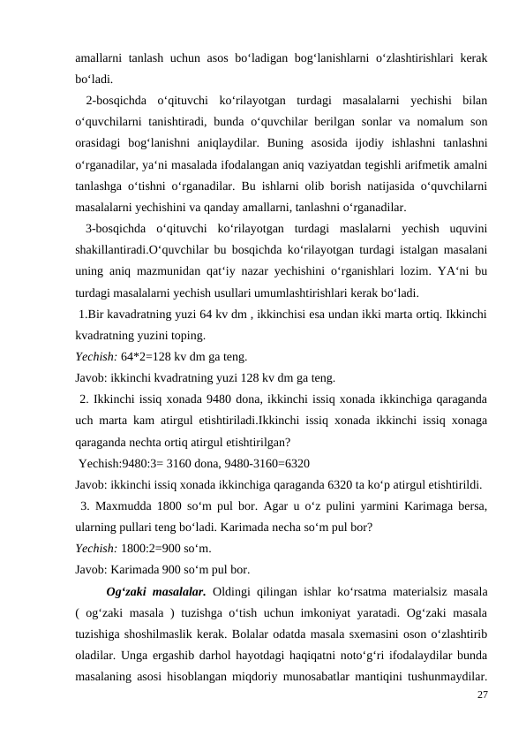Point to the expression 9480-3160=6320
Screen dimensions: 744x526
click(268, 462)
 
